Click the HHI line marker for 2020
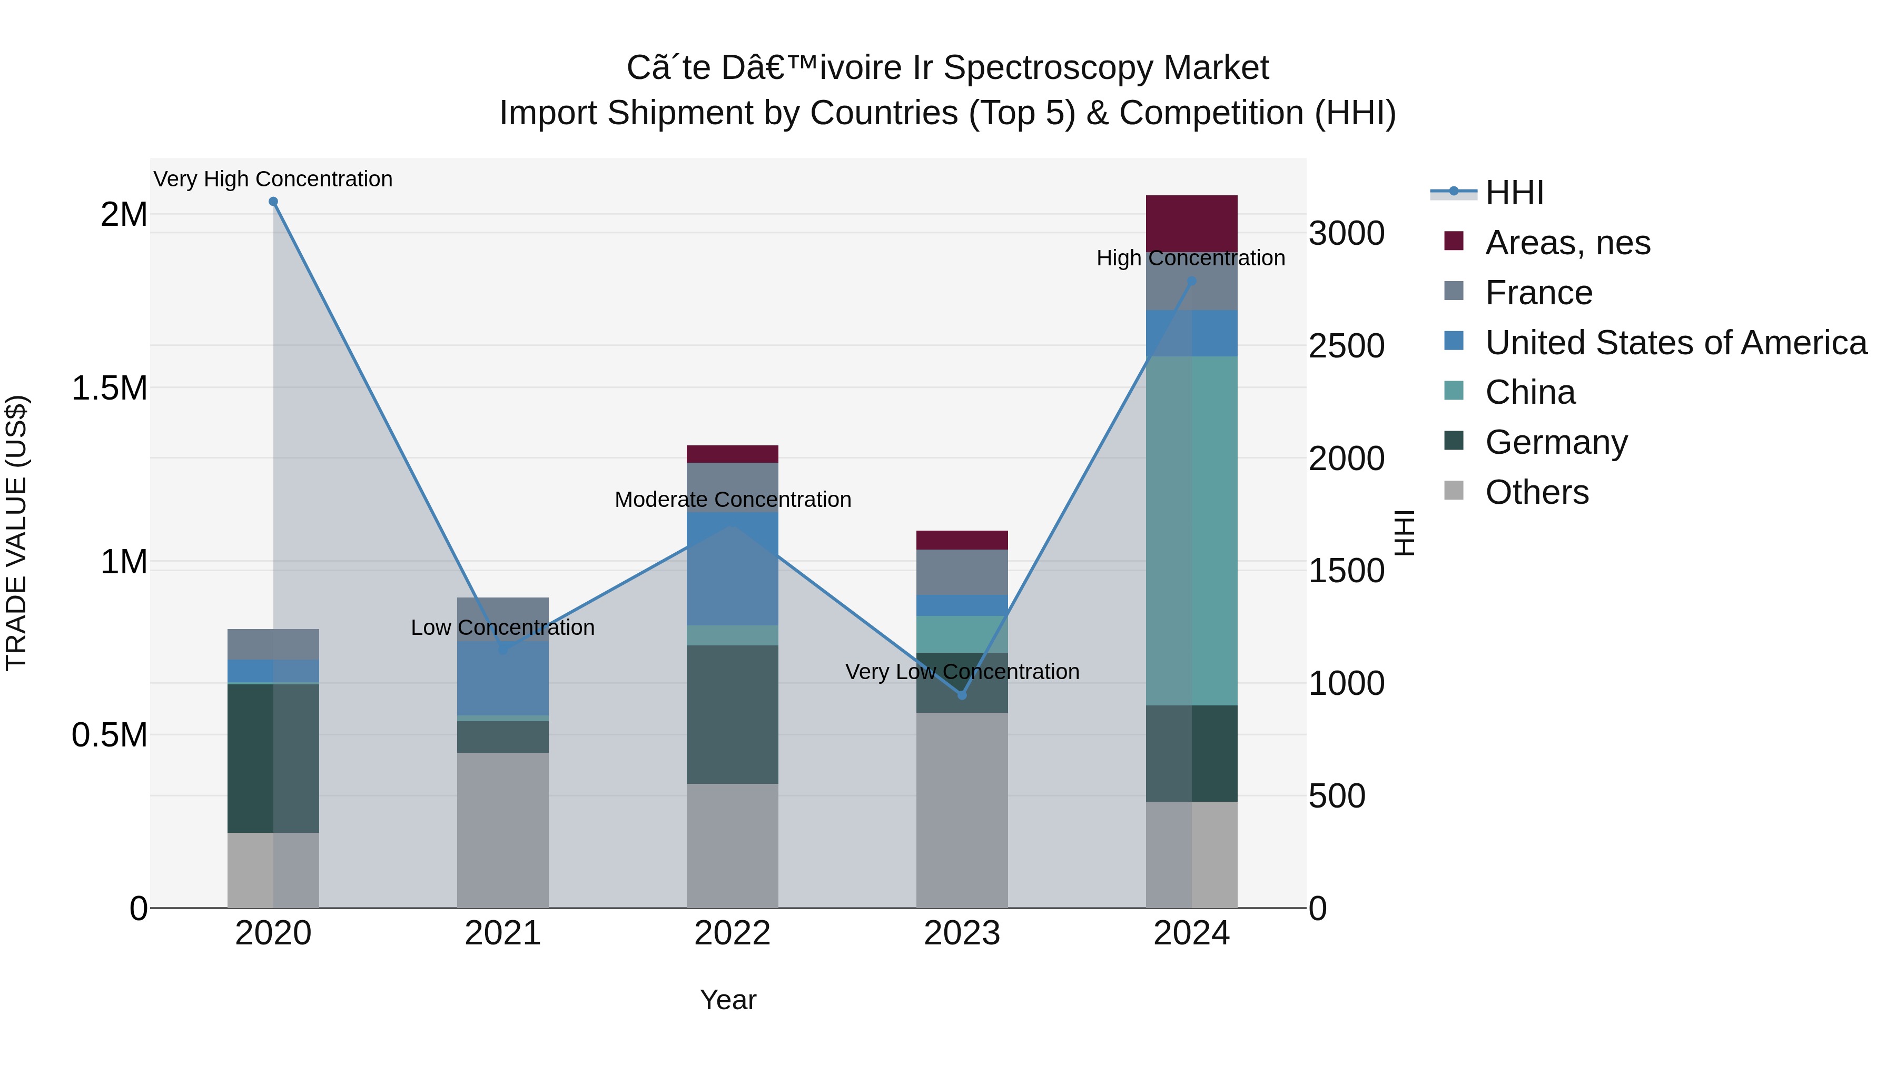tap(273, 202)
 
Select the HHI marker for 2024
tap(1192, 281)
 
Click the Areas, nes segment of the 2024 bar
tap(1192, 223)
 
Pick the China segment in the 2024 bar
tap(1192, 530)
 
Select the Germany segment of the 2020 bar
tap(273, 758)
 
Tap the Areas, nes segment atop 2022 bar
tap(733, 454)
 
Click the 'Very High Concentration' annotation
tap(273, 179)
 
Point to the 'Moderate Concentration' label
tap(733, 500)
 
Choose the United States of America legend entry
tap(1675, 343)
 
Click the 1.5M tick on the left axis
tap(111, 387)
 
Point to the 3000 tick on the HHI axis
tap(1346, 233)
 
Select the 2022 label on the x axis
tap(733, 933)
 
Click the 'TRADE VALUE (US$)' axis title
tap(16, 533)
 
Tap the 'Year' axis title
tap(728, 1000)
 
